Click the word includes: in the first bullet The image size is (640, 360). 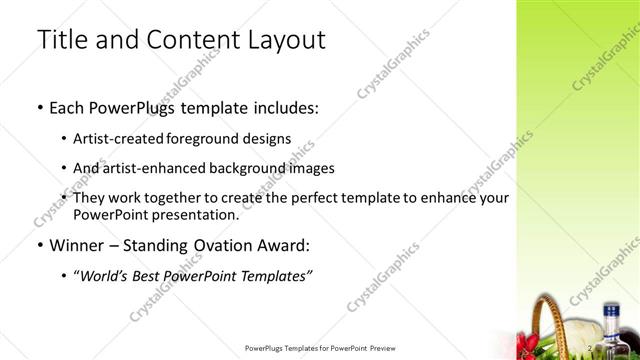pos(283,107)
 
